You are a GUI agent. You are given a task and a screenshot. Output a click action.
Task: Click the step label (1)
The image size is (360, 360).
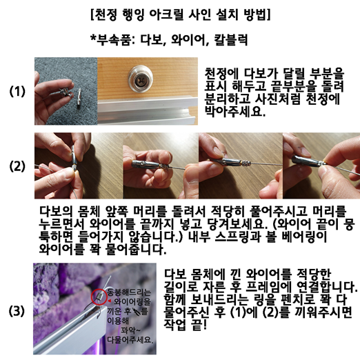(x=17, y=91)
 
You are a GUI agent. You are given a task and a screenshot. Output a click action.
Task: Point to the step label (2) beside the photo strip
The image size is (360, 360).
(x=17, y=166)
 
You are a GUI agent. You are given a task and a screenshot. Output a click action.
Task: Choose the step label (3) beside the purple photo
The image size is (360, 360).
(x=17, y=311)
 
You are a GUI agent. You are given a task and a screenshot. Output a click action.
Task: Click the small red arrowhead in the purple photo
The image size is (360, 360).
(x=110, y=301)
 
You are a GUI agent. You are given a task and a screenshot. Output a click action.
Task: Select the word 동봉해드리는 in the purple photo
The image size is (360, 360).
(x=129, y=292)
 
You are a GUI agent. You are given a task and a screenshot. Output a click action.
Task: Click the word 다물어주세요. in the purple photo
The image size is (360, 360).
(x=130, y=340)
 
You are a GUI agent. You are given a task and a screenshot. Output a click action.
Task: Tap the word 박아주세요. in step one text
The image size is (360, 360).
(x=235, y=111)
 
